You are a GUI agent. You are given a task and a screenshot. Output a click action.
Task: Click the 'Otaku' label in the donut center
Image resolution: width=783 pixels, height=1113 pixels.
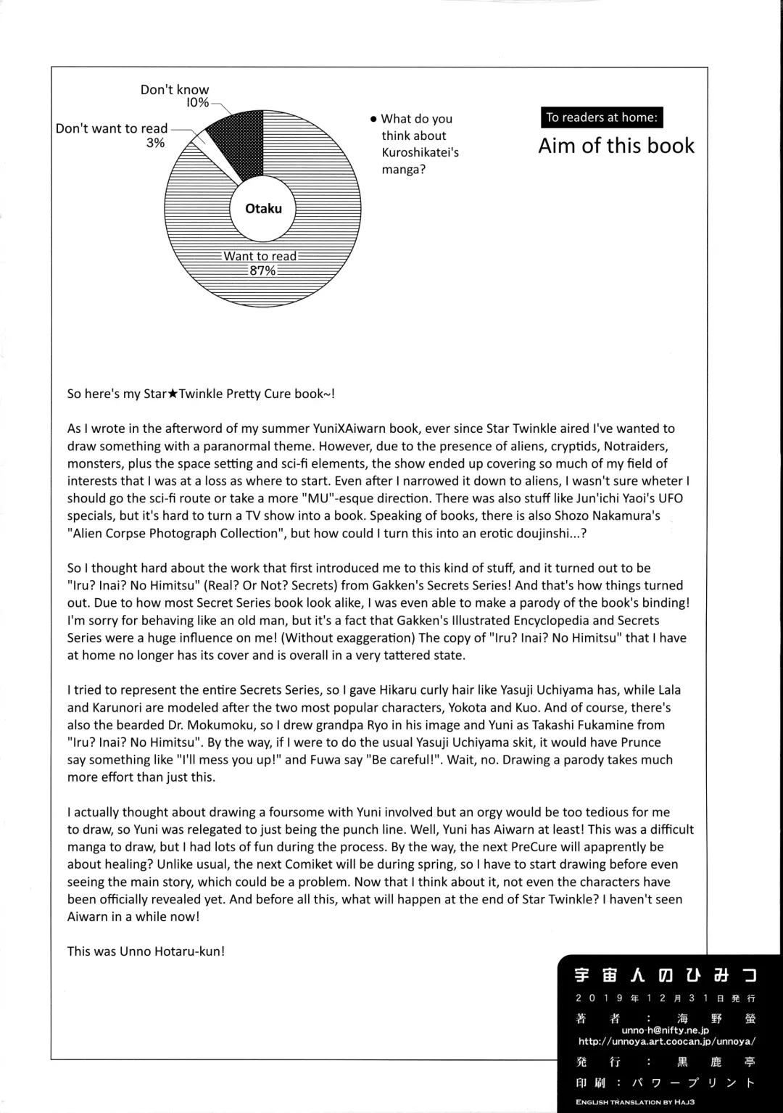click(x=263, y=209)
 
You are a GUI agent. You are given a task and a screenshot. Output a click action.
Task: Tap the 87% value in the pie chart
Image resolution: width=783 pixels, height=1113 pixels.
click(x=262, y=270)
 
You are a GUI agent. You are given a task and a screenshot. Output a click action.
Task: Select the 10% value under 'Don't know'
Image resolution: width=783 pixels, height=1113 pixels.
click(x=197, y=103)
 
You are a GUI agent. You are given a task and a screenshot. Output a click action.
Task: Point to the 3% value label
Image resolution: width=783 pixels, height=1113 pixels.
click(x=155, y=143)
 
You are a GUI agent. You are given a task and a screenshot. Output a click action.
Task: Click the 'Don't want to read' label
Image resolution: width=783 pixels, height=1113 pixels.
click(x=112, y=128)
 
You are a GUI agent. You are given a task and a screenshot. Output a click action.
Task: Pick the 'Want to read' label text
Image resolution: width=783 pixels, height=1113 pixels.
click(x=260, y=256)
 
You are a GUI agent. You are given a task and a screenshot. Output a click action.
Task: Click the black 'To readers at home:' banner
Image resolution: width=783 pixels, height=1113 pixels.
click(x=602, y=117)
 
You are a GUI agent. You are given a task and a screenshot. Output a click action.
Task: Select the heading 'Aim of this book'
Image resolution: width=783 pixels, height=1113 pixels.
click(x=616, y=146)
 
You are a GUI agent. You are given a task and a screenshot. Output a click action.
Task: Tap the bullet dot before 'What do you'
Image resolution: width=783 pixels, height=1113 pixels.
click(x=373, y=119)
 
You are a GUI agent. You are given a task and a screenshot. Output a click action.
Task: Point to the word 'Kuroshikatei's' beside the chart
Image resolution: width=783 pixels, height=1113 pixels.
click(x=420, y=152)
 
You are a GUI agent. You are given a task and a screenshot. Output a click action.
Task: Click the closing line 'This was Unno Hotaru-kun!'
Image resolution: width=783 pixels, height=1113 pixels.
click(x=146, y=951)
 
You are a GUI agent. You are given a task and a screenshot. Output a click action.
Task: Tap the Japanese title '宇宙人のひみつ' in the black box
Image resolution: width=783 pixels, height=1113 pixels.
click(x=666, y=976)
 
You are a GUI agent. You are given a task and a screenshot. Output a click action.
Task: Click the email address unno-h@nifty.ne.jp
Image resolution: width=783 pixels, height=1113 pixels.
click(x=665, y=1030)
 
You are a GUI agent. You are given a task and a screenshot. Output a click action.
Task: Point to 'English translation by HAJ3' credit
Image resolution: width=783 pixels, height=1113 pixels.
click(x=635, y=1102)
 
